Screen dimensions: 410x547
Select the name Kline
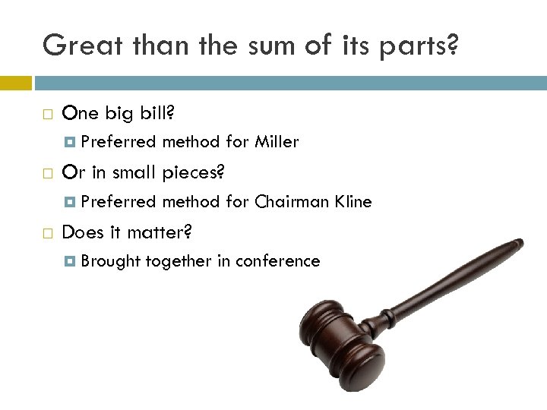coord(351,201)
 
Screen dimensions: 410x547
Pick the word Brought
coord(111,261)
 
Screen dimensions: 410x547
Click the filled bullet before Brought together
coord(70,261)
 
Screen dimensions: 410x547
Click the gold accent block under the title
coord(16,83)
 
